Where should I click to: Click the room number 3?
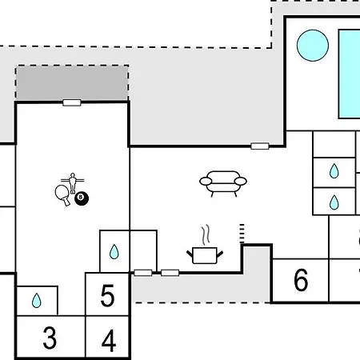tap(50, 338)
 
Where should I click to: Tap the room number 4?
tap(109, 341)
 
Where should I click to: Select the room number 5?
tap(107, 295)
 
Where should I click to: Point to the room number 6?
tap(301, 280)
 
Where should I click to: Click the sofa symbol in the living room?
tap(223, 184)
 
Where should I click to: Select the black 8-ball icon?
tap(82, 198)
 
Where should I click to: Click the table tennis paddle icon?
tap(62, 194)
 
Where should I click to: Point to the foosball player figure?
tap(73, 183)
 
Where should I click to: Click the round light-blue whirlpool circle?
tap(313, 46)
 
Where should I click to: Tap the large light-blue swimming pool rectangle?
tap(350, 74)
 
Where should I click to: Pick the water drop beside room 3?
tap(37, 301)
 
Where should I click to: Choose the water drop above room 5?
tap(114, 252)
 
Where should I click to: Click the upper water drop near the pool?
tap(334, 171)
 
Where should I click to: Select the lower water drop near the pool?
tap(334, 202)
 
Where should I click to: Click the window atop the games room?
tap(72, 102)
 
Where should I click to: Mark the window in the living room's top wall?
tap(260, 146)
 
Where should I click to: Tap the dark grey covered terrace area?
tap(72, 83)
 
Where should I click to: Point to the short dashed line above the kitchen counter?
tap(242, 234)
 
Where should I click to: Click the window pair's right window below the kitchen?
tap(170, 273)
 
